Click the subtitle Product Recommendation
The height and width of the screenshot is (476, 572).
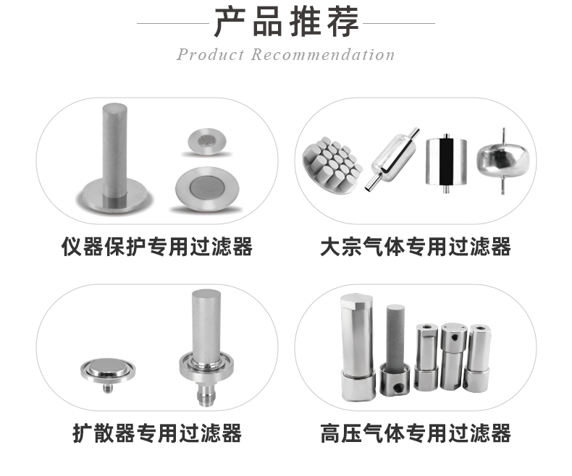point(286,55)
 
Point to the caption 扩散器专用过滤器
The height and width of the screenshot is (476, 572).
point(157,433)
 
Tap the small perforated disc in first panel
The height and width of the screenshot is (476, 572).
point(208,140)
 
